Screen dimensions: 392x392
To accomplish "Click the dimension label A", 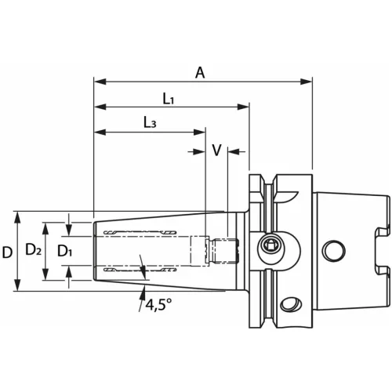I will tap(201, 72).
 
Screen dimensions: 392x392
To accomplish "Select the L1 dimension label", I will tap(169, 99).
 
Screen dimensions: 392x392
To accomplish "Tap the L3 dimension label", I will tap(150, 123).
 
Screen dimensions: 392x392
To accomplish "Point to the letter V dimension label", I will tap(216, 151).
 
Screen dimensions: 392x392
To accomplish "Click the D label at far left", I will tap(7, 252).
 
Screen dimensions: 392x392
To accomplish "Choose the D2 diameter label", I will tap(33, 251).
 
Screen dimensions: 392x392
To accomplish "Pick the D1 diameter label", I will tap(65, 252).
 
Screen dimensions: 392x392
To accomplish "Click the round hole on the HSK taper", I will tap(333, 251).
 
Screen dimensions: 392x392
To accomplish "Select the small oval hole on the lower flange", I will tap(292, 303).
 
